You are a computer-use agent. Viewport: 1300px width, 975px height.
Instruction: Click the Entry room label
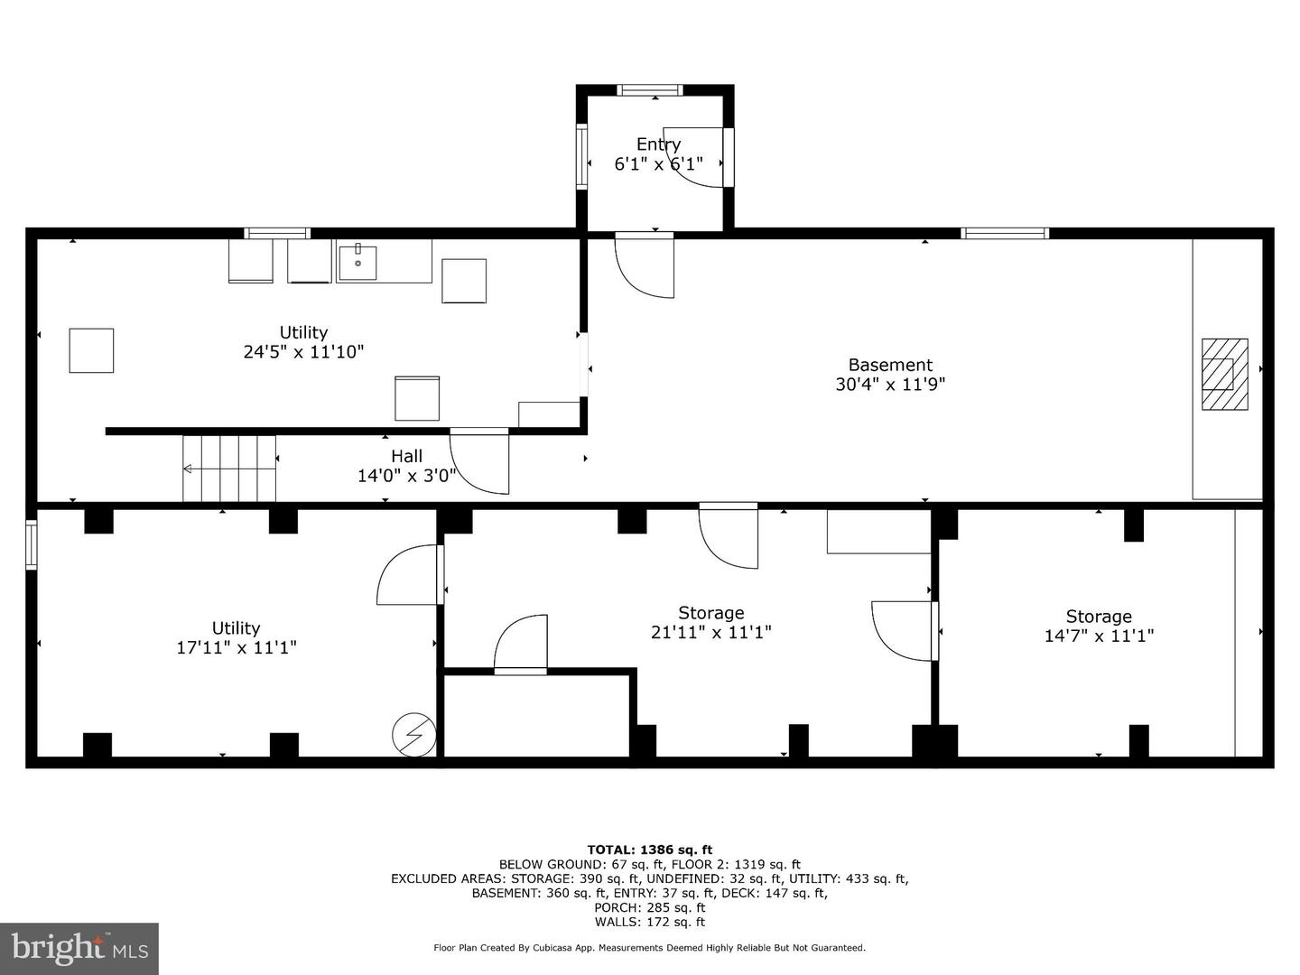point(658,144)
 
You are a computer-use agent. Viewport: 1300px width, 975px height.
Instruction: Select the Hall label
point(406,456)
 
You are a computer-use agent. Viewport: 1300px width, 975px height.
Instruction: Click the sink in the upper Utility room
point(358,261)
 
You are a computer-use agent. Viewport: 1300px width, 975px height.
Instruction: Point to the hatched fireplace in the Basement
point(1224,375)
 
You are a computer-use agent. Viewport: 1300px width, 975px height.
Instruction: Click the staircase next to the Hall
point(229,468)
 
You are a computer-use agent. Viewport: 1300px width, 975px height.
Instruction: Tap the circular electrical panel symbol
point(413,736)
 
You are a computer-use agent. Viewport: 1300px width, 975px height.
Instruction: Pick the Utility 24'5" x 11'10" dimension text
point(303,352)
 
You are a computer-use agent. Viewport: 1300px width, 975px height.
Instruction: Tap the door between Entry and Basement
point(645,265)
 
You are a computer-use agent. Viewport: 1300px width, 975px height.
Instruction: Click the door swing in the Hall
point(480,462)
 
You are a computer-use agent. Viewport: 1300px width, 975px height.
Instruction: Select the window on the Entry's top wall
point(649,89)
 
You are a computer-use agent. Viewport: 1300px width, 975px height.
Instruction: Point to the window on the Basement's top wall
point(1005,233)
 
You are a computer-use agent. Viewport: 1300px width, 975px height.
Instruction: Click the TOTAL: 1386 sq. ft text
point(649,850)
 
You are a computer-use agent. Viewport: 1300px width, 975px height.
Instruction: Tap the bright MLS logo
point(79,948)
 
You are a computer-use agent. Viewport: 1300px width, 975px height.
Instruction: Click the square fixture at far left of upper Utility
point(91,350)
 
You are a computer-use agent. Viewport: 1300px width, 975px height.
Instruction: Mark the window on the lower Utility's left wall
point(32,544)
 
